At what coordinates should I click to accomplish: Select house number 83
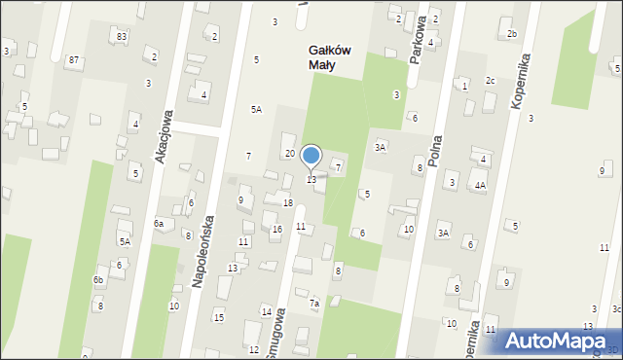pos(122,36)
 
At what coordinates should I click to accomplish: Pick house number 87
pos(74,60)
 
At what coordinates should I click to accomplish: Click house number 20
pos(289,154)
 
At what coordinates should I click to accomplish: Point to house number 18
pos(287,202)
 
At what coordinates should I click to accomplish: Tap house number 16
pos(276,229)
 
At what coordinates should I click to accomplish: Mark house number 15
pos(219,318)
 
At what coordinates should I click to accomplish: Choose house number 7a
pos(314,304)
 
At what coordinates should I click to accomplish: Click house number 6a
pos(158,223)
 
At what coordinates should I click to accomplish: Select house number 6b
pos(98,280)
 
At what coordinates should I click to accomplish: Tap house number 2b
pos(512,34)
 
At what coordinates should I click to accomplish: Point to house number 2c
pos(491,80)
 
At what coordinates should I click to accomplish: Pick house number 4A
pos(480,185)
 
